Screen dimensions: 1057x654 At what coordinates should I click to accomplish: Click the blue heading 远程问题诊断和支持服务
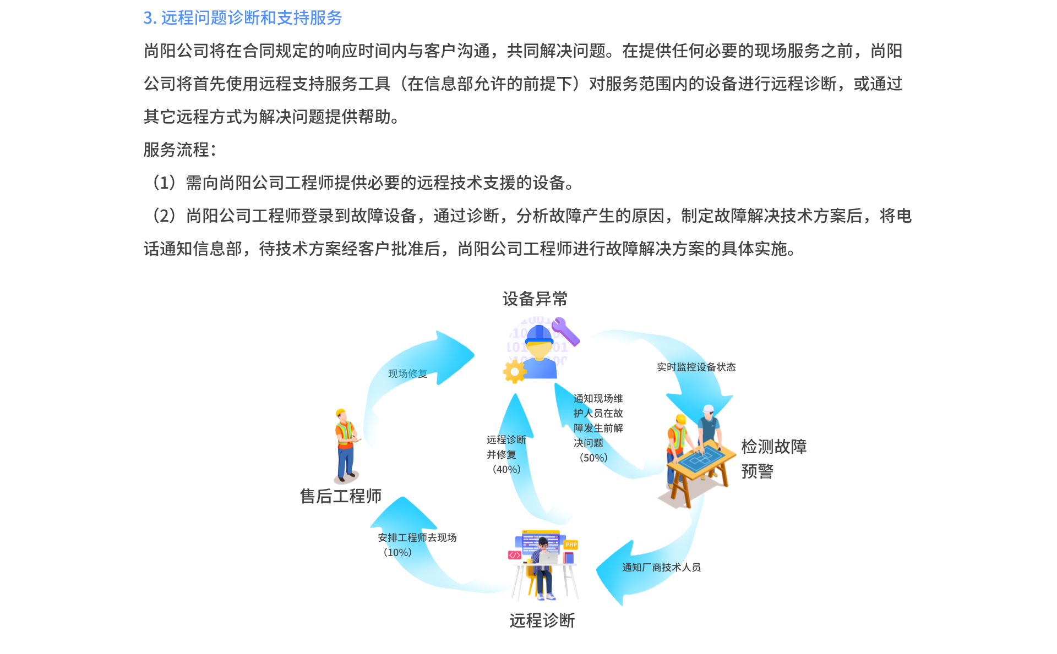pos(251,18)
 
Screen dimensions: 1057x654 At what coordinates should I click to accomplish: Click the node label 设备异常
pos(535,299)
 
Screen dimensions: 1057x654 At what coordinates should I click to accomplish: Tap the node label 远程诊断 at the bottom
pos(542,620)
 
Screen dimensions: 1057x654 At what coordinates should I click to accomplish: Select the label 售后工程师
pos(340,496)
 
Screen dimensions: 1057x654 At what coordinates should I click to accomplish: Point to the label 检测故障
pos(773,446)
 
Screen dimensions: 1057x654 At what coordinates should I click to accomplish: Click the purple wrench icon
pos(566,331)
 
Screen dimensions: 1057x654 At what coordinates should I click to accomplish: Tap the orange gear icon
pos(514,372)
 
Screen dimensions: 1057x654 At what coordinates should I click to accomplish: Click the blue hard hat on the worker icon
pos(539,334)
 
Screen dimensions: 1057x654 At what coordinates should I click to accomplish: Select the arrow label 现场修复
pos(407,373)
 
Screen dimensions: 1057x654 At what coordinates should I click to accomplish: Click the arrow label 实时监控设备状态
pos(696,367)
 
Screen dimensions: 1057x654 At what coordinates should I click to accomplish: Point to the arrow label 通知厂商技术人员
pos(661,567)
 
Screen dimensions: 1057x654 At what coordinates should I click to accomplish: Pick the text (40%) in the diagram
pos(506,469)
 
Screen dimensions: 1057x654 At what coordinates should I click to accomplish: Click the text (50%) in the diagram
pos(593,458)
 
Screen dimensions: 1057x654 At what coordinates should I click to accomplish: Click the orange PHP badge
pos(571,545)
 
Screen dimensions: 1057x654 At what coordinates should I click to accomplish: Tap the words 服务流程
pos(176,150)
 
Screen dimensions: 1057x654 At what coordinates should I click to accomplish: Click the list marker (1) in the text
pos(164,183)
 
